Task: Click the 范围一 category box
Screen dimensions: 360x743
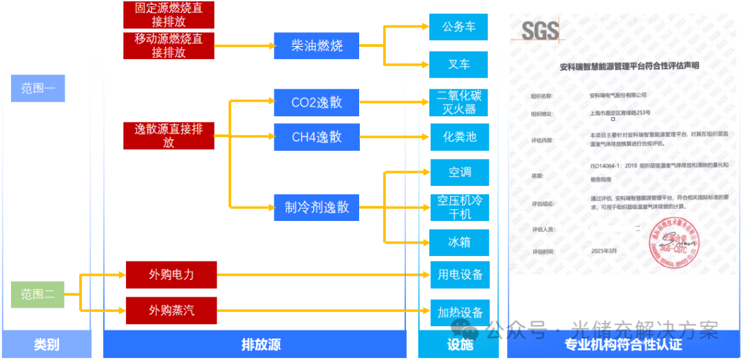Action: point(38,88)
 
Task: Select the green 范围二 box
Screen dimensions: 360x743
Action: point(38,295)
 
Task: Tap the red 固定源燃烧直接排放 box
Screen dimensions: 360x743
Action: point(169,14)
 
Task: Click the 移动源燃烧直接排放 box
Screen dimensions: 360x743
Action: point(169,45)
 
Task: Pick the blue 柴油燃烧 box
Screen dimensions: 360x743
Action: point(316,46)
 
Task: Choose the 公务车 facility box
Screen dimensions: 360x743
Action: point(459,27)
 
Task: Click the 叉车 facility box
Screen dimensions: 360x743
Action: point(459,65)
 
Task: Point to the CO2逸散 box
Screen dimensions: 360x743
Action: point(316,103)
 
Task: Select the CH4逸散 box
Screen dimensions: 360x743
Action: point(316,137)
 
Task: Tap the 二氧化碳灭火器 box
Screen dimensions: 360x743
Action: point(459,103)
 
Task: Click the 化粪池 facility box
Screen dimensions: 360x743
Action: point(459,136)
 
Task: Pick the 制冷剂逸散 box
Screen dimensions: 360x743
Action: point(316,207)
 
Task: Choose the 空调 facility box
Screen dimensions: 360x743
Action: point(459,172)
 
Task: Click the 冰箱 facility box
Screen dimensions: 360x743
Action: point(459,242)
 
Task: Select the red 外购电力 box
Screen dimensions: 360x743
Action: point(171,275)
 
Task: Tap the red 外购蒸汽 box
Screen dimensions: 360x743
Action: point(171,310)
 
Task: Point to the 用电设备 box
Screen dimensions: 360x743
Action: point(459,275)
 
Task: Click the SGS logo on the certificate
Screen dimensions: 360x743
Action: point(540,31)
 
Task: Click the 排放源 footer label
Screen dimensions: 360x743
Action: point(261,344)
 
